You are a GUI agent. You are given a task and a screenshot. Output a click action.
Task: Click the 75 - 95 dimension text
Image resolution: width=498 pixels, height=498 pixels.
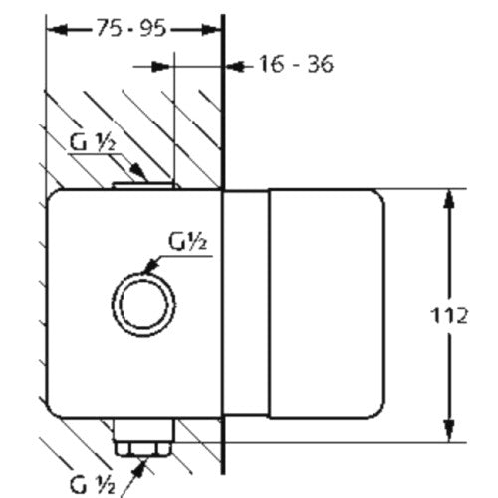click(x=130, y=28)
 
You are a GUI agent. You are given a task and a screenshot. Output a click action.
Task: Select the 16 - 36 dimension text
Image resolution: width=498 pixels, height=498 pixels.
click(x=296, y=64)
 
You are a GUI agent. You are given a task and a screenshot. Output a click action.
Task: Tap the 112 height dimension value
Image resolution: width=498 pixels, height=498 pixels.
click(x=449, y=315)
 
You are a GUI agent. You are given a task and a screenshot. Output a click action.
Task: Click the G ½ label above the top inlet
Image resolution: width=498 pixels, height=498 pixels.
click(x=93, y=142)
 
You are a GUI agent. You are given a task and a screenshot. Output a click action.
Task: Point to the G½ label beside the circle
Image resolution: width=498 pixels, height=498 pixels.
click(x=188, y=241)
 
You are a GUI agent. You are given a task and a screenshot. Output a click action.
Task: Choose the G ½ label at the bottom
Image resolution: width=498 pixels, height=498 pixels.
click(x=93, y=484)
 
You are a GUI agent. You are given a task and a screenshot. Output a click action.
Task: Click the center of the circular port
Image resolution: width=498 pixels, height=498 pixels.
click(x=143, y=305)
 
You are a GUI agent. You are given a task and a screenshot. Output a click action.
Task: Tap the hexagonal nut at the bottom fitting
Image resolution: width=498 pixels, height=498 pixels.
click(x=142, y=449)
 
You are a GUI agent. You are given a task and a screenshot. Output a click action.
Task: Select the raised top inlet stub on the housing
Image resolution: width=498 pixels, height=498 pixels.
click(x=144, y=185)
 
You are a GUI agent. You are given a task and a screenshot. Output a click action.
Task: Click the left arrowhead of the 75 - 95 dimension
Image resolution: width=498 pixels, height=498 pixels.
click(x=57, y=30)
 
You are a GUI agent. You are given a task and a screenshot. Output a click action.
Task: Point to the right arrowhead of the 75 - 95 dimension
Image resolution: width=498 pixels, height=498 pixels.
click(x=211, y=30)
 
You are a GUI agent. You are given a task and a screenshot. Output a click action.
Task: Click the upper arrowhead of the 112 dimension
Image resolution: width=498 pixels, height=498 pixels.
click(x=449, y=199)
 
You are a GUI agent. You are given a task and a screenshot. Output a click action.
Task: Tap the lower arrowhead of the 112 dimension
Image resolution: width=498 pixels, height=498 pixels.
click(x=449, y=431)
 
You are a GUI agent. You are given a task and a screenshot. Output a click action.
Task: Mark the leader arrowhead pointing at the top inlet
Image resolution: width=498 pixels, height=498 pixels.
click(x=138, y=172)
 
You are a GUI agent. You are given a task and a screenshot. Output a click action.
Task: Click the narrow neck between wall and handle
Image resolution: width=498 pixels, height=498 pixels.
click(x=246, y=304)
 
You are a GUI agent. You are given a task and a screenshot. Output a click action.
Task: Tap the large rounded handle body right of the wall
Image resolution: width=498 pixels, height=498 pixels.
click(x=327, y=304)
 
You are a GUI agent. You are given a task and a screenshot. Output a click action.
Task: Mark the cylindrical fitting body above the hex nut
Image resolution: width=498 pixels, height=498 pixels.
click(x=143, y=430)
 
